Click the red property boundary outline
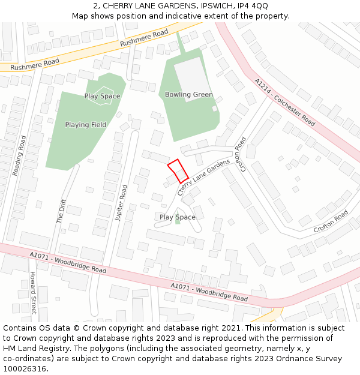[178, 171]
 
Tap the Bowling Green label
[189, 95]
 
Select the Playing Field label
[86, 125]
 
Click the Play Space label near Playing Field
[102, 96]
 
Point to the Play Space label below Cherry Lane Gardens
[177, 217]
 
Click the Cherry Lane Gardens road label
[204, 177]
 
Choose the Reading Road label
[19, 156]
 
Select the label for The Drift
[61, 211]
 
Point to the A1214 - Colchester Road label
[284, 102]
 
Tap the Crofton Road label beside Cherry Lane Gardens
[242, 155]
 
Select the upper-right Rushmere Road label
[144, 39]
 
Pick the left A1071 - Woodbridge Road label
[68, 263]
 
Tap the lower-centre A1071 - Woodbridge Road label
[209, 292]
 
